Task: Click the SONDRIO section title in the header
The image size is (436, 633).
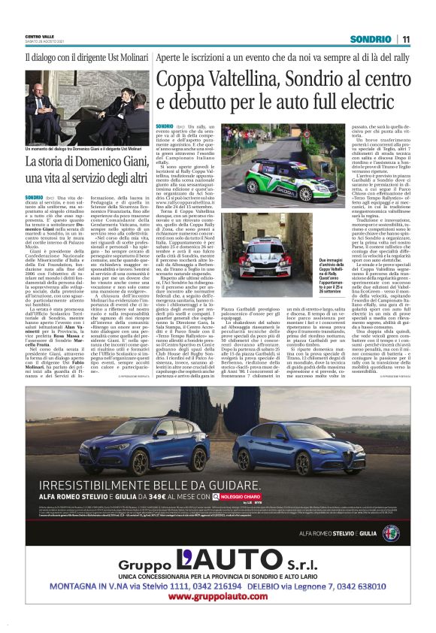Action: [x=371, y=39]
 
